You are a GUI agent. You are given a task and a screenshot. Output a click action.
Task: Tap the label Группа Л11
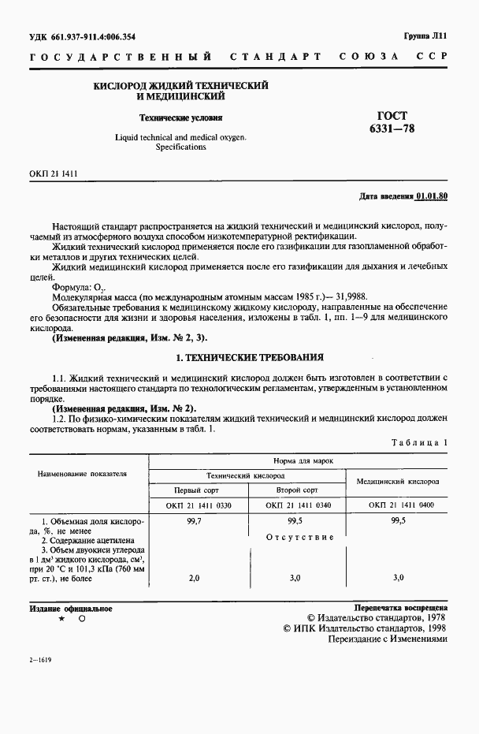425,35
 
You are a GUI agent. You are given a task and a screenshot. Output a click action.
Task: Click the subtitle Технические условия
180,117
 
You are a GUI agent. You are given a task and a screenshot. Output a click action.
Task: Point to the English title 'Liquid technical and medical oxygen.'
180,137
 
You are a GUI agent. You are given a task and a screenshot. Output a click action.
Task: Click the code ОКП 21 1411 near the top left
53,173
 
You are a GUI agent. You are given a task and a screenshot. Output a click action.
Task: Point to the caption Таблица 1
419,443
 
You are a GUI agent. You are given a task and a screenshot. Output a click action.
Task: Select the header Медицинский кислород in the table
398,481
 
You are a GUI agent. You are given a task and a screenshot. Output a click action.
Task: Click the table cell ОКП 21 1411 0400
398,505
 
